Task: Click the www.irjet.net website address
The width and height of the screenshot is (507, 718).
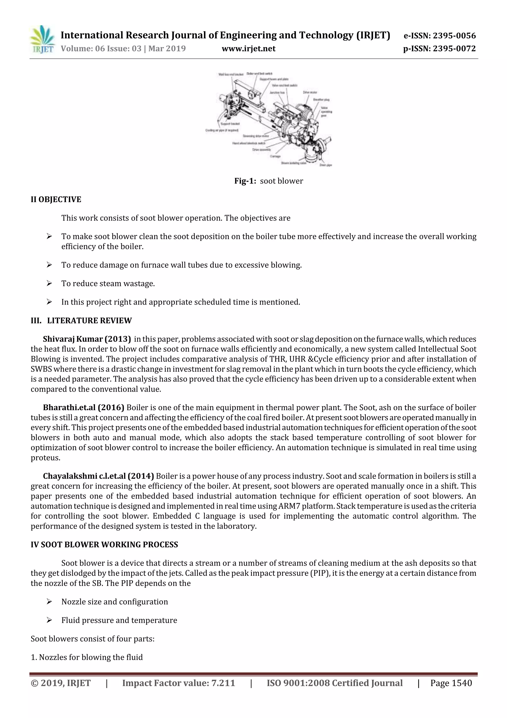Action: pyautogui.click(x=248, y=49)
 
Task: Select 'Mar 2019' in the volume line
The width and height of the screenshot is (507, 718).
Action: pyautogui.click(x=167, y=49)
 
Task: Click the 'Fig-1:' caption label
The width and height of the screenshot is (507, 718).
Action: pyautogui.click(x=245, y=181)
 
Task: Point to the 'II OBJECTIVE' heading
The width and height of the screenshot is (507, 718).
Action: pyautogui.click(x=56, y=200)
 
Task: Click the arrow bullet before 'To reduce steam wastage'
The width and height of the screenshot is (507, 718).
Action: pyautogui.click(x=49, y=283)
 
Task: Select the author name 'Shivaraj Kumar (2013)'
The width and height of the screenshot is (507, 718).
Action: pyautogui.click(x=87, y=339)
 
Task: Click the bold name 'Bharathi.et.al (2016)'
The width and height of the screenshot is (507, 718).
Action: pyautogui.click(x=83, y=407)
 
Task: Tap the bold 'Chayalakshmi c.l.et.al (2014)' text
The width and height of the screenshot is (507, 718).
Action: pyautogui.click(x=98, y=476)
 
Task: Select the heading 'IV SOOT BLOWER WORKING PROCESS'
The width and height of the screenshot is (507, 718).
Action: pyautogui.click(x=104, y=545)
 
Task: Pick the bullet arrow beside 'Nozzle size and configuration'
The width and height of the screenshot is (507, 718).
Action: pyautogui.click(x=49, y=602)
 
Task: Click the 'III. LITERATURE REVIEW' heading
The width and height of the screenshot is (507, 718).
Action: pyautogui.click(x=81, y=320)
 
